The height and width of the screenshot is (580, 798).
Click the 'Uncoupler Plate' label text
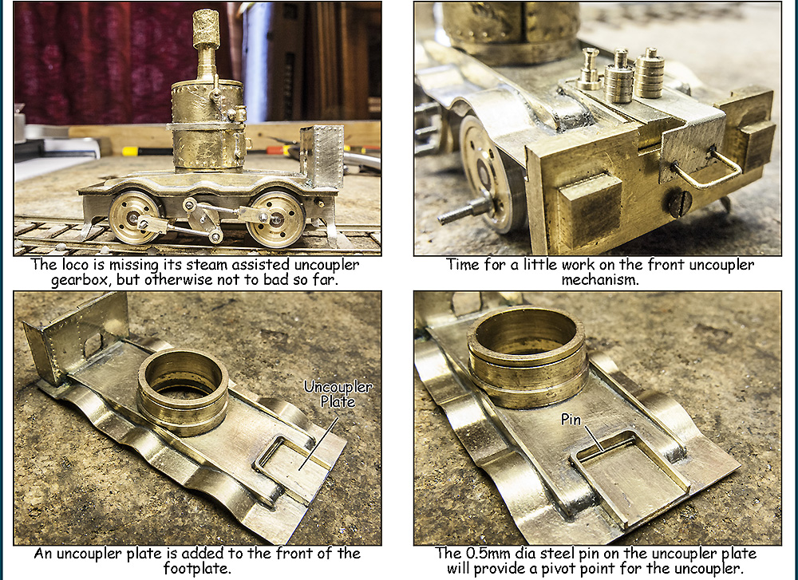(338, 394)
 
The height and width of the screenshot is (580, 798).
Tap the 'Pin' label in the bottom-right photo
(571, 419)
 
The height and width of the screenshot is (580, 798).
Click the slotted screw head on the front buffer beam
(679, 203)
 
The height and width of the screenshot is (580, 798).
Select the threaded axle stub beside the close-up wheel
(464, 211)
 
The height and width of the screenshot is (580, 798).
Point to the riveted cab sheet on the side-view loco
(322, 156)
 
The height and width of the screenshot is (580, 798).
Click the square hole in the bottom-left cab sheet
(93, 345)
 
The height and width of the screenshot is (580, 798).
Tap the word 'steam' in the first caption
(209, 265)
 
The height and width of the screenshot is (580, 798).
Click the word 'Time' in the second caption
(463, 265)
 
